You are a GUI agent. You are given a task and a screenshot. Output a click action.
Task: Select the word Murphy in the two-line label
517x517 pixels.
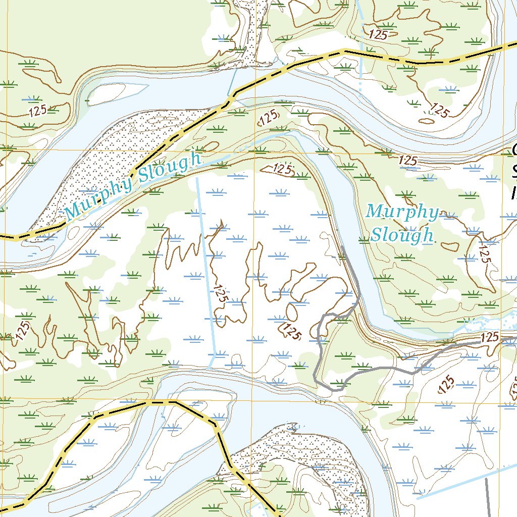point(402,212)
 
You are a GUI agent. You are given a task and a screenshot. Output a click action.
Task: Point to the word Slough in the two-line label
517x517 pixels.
point(402,235)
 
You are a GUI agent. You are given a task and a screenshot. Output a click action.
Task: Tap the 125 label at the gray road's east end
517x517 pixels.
point(490,336)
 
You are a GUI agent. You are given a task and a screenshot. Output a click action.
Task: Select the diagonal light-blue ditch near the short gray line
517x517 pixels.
point(464,482)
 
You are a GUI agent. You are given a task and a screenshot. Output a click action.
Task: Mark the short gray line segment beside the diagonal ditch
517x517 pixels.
point(487,497)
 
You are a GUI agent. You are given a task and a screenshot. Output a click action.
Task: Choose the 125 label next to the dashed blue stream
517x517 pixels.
point(378,35)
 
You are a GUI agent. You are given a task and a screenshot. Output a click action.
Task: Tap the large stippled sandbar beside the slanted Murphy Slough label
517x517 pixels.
point(116,157)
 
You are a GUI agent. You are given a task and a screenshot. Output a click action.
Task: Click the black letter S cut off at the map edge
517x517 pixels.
point(513,172)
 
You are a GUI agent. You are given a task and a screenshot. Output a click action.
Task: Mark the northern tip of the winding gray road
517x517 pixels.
point(343,247)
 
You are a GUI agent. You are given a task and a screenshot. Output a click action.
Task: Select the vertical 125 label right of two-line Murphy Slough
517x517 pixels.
point(483,252)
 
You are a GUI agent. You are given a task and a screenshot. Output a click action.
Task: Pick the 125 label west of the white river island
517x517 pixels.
point(38,111)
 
